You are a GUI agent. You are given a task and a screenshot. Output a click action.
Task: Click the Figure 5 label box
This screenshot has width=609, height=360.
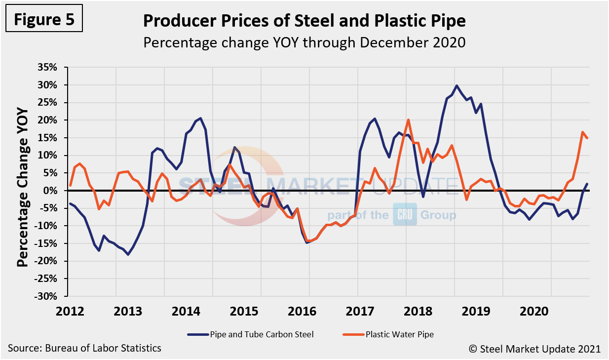coord(44,19)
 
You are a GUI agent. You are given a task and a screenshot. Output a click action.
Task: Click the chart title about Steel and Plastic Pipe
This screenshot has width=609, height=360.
coord(304,21)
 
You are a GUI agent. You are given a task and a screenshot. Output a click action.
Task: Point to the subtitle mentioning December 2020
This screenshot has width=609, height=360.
coord(304,42)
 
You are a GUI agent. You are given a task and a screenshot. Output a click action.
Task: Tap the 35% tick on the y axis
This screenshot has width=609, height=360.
coord(49,67)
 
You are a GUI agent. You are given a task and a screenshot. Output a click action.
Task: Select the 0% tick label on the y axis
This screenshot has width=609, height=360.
coord(52,191)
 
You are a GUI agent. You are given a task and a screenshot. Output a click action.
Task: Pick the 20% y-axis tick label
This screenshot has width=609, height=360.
coord(49,120)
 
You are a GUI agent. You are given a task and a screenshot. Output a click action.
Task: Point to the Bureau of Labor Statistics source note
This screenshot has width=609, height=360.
coord(84,348)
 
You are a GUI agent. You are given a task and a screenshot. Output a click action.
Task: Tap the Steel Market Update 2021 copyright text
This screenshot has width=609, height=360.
coord(534,349)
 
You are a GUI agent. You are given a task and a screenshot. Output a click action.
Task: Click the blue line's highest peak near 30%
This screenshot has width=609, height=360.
coord(457,85)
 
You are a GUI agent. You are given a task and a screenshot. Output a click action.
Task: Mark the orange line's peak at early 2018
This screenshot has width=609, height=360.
coord(409,120)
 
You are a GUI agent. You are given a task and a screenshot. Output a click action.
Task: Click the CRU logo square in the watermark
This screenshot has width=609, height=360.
coord(405,215)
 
